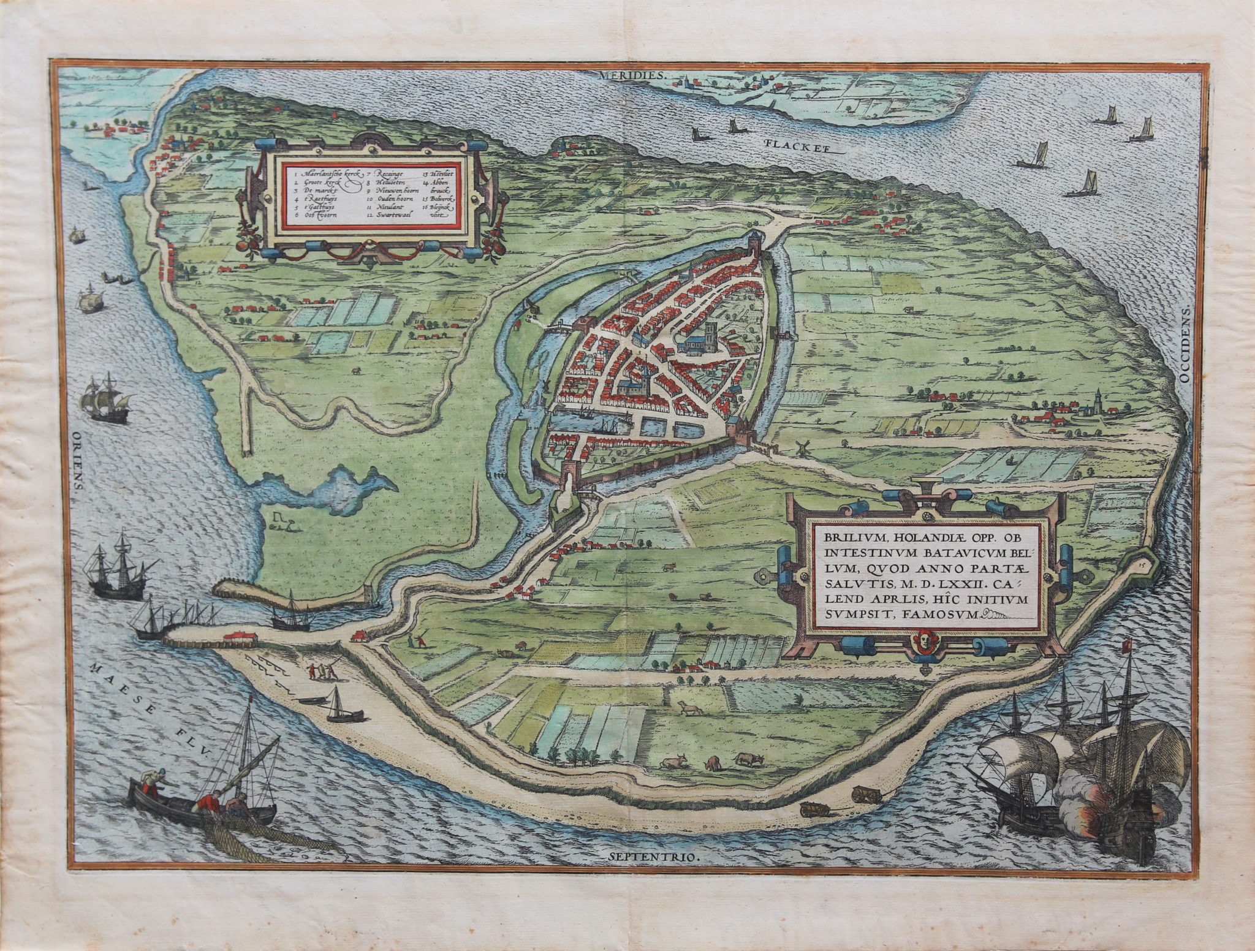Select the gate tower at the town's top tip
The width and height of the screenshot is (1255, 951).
click(x=754, y=245)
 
